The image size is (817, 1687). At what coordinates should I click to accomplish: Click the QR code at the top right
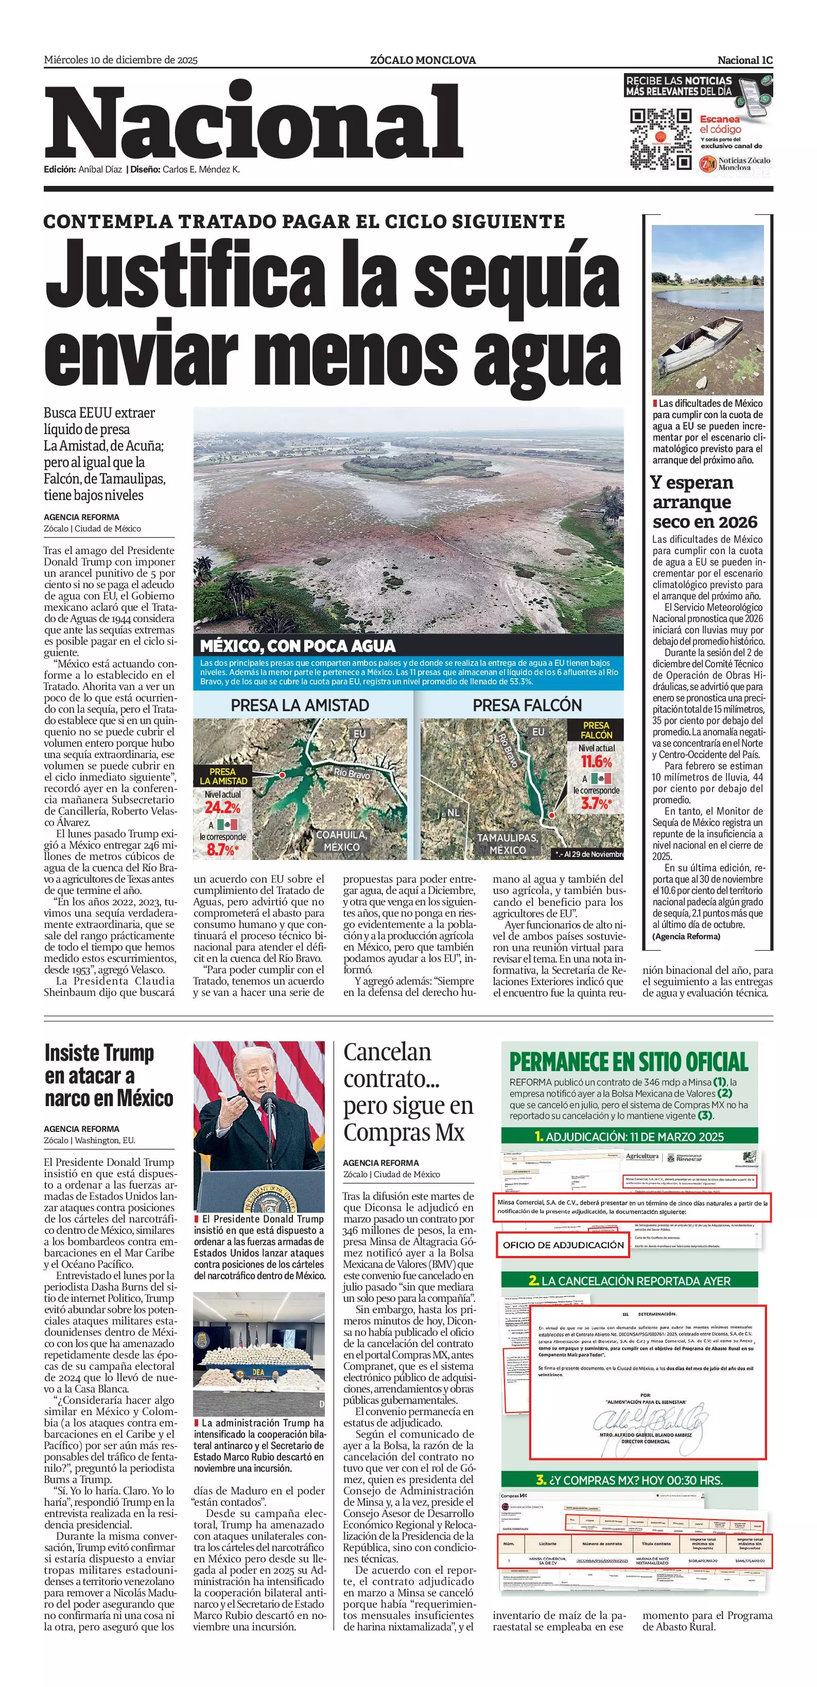click(660, 140)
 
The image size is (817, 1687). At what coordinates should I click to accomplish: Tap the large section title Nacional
click(254, 123)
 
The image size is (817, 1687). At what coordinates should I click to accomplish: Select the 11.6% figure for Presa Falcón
click(596, 762)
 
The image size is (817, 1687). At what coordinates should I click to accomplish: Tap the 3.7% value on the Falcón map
click(595, 803)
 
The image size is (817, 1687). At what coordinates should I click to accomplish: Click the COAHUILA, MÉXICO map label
click(341, 841)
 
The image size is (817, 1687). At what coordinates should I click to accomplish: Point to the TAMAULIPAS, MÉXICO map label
click(508, 843)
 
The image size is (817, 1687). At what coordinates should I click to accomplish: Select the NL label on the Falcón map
click(454, 813)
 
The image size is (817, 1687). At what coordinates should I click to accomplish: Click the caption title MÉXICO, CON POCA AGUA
click(298, 646)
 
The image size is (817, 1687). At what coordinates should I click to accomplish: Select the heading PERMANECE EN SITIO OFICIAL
click(629, 1061)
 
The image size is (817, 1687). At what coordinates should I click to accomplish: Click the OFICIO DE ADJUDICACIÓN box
click(563, 1245)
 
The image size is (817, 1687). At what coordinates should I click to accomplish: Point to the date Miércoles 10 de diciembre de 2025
click(120, 60)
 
